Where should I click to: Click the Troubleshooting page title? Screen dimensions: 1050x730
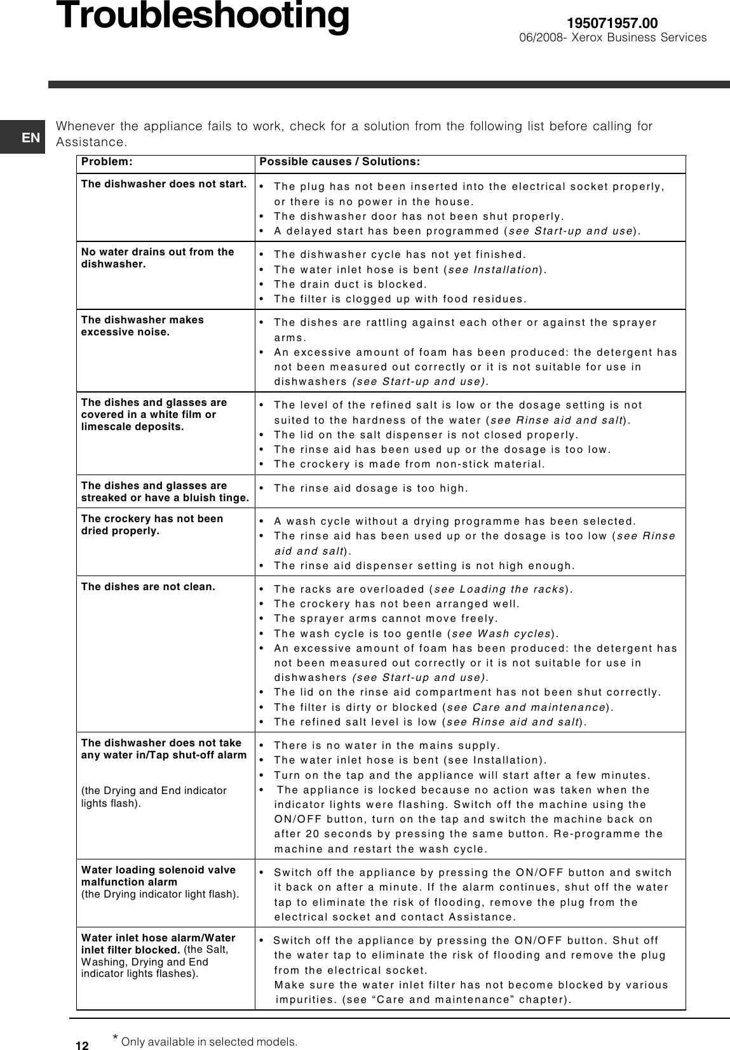(203, 17)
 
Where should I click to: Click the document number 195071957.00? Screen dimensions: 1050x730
(612, 24)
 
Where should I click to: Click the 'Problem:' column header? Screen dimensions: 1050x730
(107, 161)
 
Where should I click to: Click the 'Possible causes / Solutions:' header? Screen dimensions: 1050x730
(339, 161)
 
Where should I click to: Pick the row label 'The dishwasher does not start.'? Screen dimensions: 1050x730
(163, 184)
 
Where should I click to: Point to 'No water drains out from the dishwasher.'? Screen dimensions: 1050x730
(158, 257)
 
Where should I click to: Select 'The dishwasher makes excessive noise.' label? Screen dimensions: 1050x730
(142, 326)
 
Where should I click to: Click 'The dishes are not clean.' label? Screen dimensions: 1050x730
(148, 586)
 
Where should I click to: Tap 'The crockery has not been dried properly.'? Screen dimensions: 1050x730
(152, 525)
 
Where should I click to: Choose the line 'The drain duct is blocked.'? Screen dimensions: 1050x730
(350, 284)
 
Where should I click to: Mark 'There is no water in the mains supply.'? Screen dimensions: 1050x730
(386, 745)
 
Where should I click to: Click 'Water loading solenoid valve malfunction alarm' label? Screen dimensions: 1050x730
(158, 875)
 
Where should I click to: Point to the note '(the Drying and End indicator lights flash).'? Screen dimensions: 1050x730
(154, 797)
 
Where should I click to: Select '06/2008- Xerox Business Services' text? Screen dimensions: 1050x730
(612, 37)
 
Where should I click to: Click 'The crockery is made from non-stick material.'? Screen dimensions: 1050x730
(409, 464)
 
